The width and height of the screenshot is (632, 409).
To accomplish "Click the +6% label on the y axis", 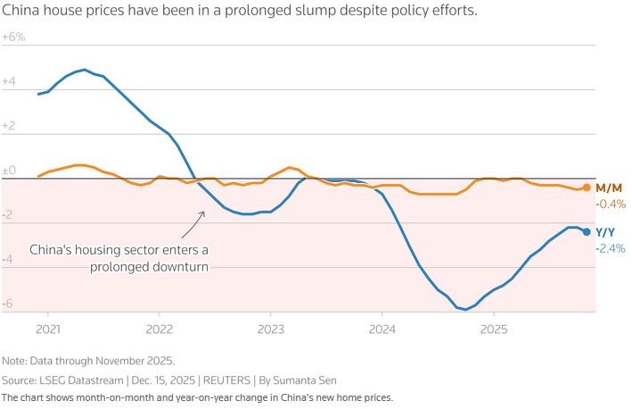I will click(x=13, y=38).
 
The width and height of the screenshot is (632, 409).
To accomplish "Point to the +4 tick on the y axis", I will click(x=9, y=81).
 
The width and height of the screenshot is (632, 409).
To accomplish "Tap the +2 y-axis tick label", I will click(x=9, y=126).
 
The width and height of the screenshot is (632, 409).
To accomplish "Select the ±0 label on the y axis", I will click(x=9, y=170).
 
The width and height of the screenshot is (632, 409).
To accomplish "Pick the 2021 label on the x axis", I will click(x=48, y=328).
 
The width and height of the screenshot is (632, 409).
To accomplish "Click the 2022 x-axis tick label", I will click(x=159, y=328).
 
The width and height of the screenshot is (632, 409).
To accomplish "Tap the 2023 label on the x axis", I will click(x=270, y=328).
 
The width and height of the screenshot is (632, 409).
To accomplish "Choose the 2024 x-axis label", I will click(x=382, y=328).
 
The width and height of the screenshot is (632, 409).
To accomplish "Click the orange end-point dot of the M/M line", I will click(x=586, y=188).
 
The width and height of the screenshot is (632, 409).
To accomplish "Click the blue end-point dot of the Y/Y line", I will click(x=586, y=232).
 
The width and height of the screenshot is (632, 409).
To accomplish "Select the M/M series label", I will click(x=608, y=188).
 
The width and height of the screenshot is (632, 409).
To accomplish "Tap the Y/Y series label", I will click(x=606, y=232).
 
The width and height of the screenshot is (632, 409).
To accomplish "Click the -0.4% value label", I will click(x=611, y=204).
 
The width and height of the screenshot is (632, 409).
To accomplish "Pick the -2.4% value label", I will click(x=611, y=248).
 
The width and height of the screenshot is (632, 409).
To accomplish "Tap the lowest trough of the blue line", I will click(x=465, y=309).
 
